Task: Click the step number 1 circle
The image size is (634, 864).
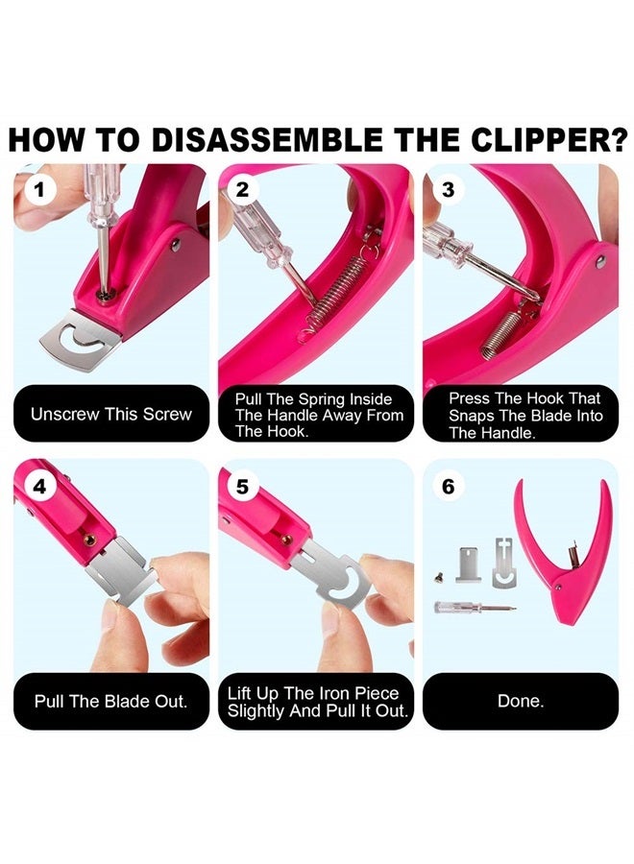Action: (38, 189)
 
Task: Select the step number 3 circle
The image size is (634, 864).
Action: (448, 189)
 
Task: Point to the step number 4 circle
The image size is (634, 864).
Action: (38, 487)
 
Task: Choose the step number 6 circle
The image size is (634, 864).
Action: (448, 487)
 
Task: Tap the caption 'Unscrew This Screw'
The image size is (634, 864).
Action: (111, 415)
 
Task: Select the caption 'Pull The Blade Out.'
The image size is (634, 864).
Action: (111, 701)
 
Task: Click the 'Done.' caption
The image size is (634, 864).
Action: (521, 701)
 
